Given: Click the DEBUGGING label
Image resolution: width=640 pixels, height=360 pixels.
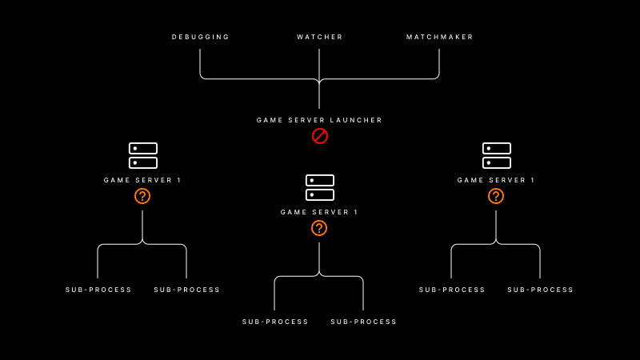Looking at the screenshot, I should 201,37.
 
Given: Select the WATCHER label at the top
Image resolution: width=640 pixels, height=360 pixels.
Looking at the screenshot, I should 320,37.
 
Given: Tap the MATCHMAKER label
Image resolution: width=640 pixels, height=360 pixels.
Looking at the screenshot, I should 440,37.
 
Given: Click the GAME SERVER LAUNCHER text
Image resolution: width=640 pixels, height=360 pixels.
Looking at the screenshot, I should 320,120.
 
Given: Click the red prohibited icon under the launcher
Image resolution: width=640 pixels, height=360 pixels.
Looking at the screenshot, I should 320,136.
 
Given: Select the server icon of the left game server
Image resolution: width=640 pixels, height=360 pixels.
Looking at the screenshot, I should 143,155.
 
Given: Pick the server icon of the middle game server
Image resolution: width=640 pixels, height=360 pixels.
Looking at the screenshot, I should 320,187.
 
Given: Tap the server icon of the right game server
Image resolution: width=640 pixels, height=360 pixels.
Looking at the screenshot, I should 497,155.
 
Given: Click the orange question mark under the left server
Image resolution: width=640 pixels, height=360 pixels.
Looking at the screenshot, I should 142,196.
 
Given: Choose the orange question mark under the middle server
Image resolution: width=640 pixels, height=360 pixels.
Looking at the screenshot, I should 319,228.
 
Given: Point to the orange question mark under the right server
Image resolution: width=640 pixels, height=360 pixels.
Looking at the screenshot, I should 496,196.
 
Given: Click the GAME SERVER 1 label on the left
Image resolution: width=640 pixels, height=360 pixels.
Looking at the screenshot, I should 143,180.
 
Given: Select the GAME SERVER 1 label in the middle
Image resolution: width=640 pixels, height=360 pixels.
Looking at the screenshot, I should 320,212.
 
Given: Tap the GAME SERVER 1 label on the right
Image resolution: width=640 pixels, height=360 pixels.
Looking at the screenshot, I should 497,180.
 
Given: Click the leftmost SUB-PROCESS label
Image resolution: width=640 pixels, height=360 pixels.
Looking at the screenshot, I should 99,290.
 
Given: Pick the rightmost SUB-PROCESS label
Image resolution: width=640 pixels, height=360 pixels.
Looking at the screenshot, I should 541,290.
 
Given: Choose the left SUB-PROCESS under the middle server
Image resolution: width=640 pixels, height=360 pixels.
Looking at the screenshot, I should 276,322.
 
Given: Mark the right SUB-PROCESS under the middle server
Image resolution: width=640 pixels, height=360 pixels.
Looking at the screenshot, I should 364,322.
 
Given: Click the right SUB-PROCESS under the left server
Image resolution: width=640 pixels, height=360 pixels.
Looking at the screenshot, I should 187,290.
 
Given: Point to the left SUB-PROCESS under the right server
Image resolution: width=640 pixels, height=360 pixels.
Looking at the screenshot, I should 453,290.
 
